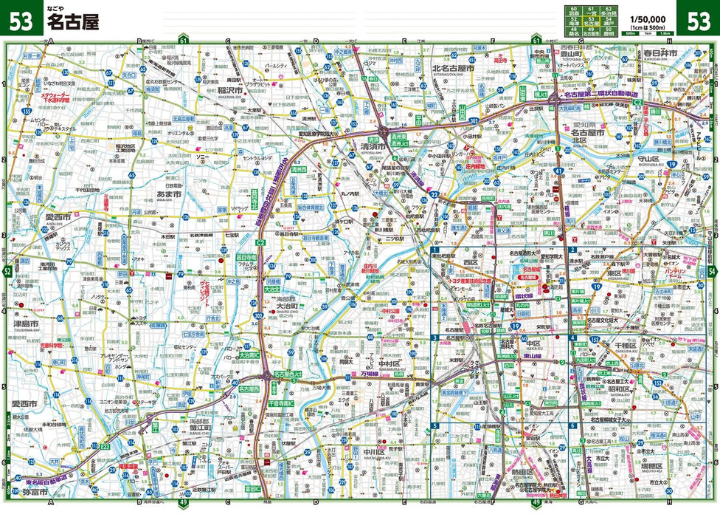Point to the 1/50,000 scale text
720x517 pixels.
pos(649,19)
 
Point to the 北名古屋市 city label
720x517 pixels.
pos(451,68)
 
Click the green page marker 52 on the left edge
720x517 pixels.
pos(7,273)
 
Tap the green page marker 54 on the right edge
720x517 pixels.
pos(712,271)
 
